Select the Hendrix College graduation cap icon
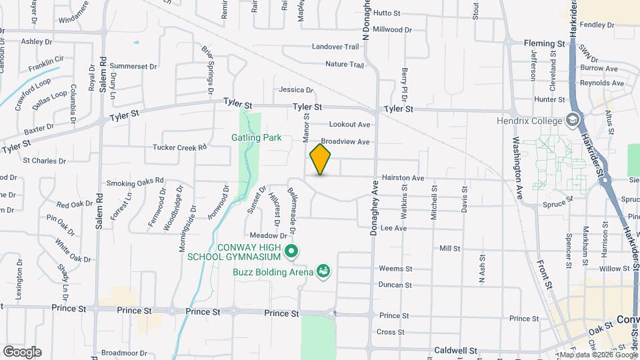pyautogui.click(x=571, y=121)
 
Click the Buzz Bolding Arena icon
pyautogui.click(x=324, y=271)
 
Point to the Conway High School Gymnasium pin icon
pyautogui.click(x=291, y=251)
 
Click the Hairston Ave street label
pyautogui.click(x=403, y=179)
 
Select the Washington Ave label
pyautogui.click(x=517, y=169)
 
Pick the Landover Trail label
pyautogui.click(x=336, y=47)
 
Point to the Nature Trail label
pyautogui.click(x=344, y=65)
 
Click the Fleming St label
pyautogui.click(x=544, y=43)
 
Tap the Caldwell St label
pyautogui.click(x=455, y=350)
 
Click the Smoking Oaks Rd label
pyautogui.click(x=135, y=183)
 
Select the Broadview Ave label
pyautogui.click(x=345, y=142)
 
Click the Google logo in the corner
pyautogui.click(x=21, y=351)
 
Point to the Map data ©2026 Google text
pyautogui.click(x=598, y=355)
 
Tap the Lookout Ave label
pyautogui.click(x=349, y=125)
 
